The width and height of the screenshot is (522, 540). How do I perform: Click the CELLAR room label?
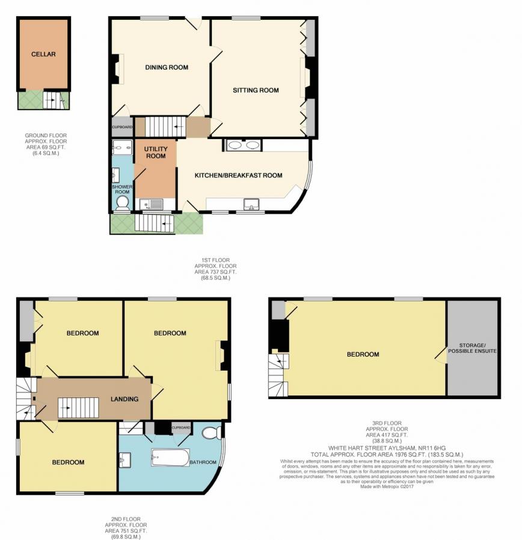tap(43, 54)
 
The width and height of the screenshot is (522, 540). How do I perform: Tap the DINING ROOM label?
tap(167, 67)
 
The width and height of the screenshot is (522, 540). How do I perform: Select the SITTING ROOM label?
tap(256, 90)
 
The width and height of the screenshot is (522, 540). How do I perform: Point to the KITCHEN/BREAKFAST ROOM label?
tap(238, 176)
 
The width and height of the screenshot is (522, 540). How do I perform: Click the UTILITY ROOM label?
tap(155, 152)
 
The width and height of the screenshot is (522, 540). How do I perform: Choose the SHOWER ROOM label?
tap(121, 190)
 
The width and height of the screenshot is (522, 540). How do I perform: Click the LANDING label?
tap(124, 399)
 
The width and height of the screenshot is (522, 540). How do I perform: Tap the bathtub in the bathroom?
tap(170, 458)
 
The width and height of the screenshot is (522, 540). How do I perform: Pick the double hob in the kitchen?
tap(243, 145)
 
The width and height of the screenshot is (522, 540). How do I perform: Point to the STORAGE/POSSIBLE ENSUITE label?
tap(473, 347)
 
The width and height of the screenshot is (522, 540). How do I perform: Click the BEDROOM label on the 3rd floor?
tap(363, 355)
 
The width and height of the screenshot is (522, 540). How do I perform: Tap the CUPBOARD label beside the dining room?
tap(122, 127)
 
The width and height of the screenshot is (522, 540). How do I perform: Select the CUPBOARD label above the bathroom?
tap(181, 428)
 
